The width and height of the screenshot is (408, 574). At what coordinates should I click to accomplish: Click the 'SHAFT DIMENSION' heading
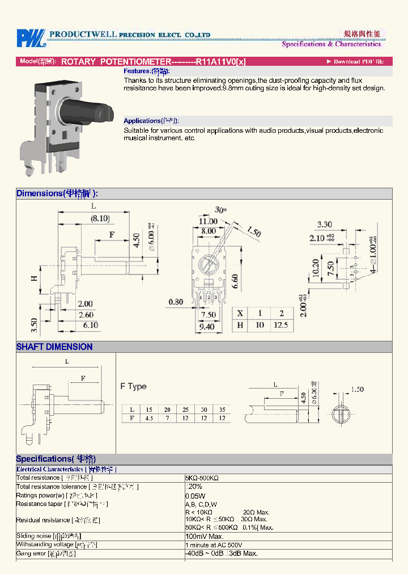pyautogui.click(x=54, y=347)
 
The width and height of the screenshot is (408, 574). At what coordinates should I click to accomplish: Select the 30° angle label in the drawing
pyautogui.click(x=220, y=210)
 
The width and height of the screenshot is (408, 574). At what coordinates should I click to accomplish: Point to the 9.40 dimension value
pyautogui.click(x=208, y=326)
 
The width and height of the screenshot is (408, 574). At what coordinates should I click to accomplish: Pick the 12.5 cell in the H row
pyautogui.click(x=281, y=325)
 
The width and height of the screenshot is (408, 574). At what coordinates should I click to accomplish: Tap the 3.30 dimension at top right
pyautogui.click(x=325, y=225)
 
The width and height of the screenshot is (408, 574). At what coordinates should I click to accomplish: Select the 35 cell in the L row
pyautogui.click(x=222, y=409)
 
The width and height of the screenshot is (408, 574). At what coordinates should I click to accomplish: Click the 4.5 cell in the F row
pyautogui.click(x=149, y=418)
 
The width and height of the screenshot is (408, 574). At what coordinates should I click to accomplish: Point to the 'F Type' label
pyautogui.click(x=133, y=386)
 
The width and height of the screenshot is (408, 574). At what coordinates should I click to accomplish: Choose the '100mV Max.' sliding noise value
pyautogui.click(x=205, y=536)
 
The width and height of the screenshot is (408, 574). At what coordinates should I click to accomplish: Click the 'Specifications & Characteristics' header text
pyautogui.click(x=331, y=44)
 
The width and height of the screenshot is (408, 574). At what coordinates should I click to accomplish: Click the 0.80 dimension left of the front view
pyautogui.click(x=176, y=302)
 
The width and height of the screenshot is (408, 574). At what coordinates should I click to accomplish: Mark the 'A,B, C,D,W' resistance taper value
pyautogui.click(x=201, y=504)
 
